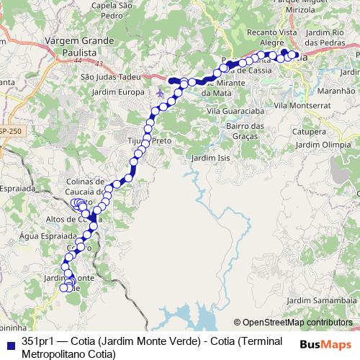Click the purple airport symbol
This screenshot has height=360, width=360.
tap(159, 93)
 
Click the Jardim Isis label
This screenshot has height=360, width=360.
tap(210, 158)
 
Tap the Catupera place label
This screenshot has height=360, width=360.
tap(310, 132)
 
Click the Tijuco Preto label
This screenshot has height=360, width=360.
tap(149, 140)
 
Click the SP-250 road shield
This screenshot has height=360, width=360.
tap(11, 132)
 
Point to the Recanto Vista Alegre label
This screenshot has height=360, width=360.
tap(271, 37)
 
